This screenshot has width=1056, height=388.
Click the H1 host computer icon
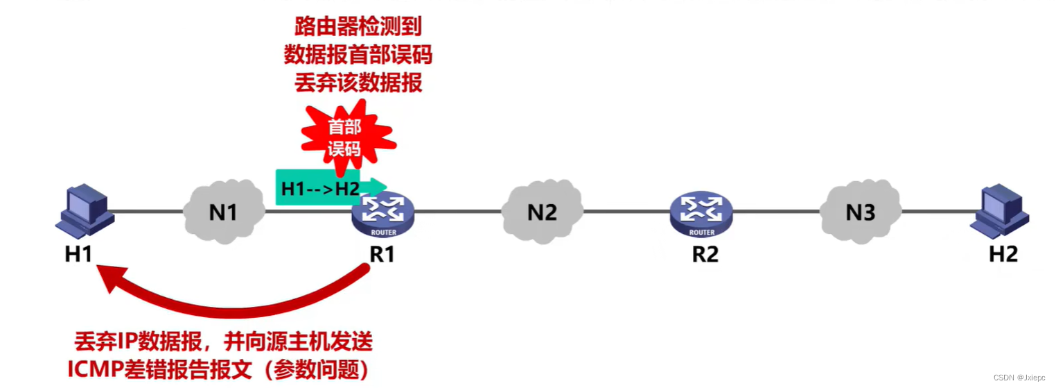pos(85,211)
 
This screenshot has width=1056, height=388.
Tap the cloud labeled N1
pos(223,212)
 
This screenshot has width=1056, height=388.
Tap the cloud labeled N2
pos(542,210)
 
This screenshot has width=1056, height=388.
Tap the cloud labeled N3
pos(860,211)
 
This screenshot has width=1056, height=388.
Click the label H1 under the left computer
pos(78,254)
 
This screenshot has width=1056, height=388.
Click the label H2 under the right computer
pos(1003,254)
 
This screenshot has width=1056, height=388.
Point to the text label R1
pos(382,254)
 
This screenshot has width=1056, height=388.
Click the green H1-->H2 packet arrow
pos(326,187)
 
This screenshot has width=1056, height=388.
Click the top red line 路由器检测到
pos(358,28)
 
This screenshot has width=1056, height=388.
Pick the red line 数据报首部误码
pos(358,56)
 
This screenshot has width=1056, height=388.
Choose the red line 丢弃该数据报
pos(358,83)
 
